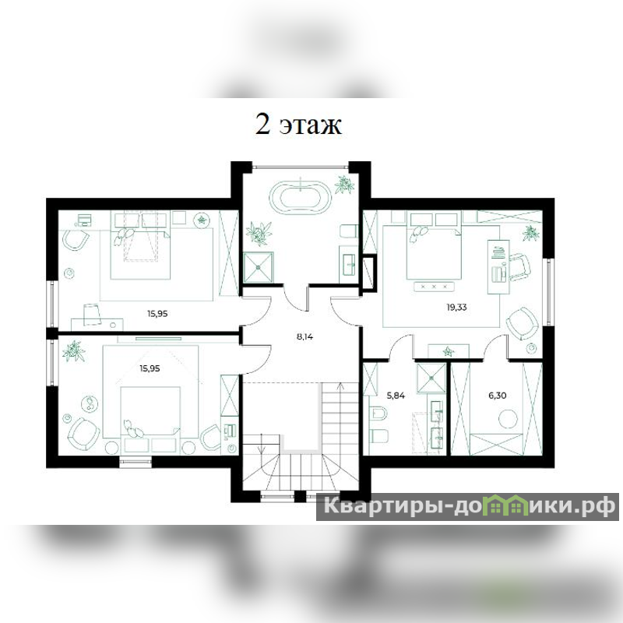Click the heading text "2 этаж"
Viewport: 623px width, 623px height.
pyautogui.click(x=298, y=125)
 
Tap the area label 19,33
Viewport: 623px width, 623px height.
pyautogui.click(x=456, y=307)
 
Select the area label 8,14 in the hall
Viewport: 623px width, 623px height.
pyautogui.click(x=304, y=337)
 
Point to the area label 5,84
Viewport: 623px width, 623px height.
pyautogui.click(x=396, y=396)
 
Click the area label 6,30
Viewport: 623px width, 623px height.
pyautogui.click(x=498, y=396)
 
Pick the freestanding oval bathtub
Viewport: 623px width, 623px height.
pyautogui.click(x=300, y=197)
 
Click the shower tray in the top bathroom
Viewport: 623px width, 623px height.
pyautogui.click(x=259, y=267)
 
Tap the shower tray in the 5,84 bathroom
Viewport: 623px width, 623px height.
pyautogui.click(x=431, y=378)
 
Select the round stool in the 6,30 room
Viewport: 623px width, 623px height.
pyautogui.click(x=509, y=420)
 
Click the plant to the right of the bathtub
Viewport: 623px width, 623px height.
pyautogui.click(x=344, y=185)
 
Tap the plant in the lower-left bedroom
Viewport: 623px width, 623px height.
pyautogui.click(x=73, y=351)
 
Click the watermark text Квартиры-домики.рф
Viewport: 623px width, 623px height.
pyautogui.click(x=468, y=506)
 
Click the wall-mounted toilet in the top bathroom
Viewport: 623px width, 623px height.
pyautogui.click(x=349, y=232)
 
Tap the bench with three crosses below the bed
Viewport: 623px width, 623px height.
pyautogui.click(x=434, y=286)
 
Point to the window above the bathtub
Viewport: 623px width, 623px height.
pyautogui.click(x=300, y=167)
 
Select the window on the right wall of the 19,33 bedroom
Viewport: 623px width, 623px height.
pyautogui.click(x=550, y=292)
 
